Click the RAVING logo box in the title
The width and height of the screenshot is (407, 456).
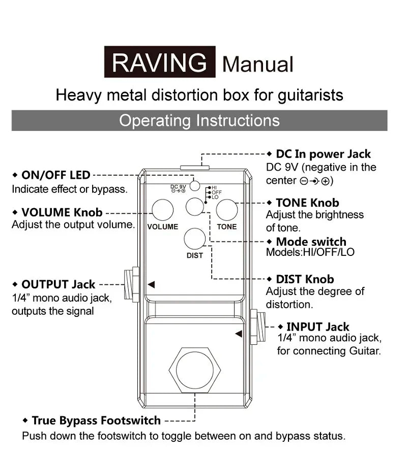[x=160, y=62]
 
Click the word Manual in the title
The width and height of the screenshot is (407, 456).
[x=258, y=64]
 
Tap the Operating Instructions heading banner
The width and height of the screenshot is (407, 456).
[x=199, y=121]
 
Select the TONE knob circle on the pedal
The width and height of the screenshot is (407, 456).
[x=227, y=210]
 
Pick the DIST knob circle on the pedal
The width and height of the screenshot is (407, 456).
[x=195, y=239]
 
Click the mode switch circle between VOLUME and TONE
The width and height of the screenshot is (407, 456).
[x=195, y=206]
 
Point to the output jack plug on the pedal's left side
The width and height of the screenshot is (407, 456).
[x=132, y=284]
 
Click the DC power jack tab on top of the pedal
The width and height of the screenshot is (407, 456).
[x=195, y=166]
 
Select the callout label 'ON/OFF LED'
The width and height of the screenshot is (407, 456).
[x=55, y=175]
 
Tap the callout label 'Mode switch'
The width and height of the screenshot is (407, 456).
[x=310, y=242]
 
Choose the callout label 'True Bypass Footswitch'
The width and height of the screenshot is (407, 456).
[x=96, y=420]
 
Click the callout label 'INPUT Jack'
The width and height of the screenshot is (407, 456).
[x=317, y=327]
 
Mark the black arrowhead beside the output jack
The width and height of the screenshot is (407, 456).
[x=151, y=284]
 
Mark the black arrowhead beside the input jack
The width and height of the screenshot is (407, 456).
[x=239, y=334]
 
